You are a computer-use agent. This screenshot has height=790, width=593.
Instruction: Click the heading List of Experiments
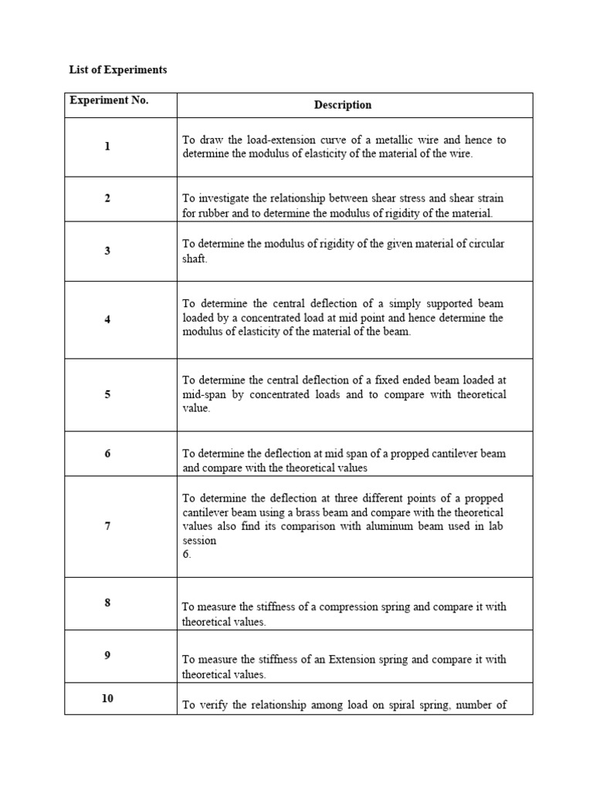point(118,70)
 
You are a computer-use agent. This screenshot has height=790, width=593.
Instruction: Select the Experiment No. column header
point(109,100)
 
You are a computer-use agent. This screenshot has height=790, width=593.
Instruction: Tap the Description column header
point(343,105)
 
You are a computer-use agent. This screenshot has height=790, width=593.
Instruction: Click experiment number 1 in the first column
point(107,147)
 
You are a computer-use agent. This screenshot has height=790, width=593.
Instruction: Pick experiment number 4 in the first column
point(107,319)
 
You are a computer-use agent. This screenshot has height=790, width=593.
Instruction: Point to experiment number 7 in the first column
point(107,526)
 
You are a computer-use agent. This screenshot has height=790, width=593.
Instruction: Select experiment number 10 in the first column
point(107,698)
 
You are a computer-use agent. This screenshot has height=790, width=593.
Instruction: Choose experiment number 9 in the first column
point(107,655)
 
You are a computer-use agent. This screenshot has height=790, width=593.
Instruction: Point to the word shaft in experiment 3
point(195,258)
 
